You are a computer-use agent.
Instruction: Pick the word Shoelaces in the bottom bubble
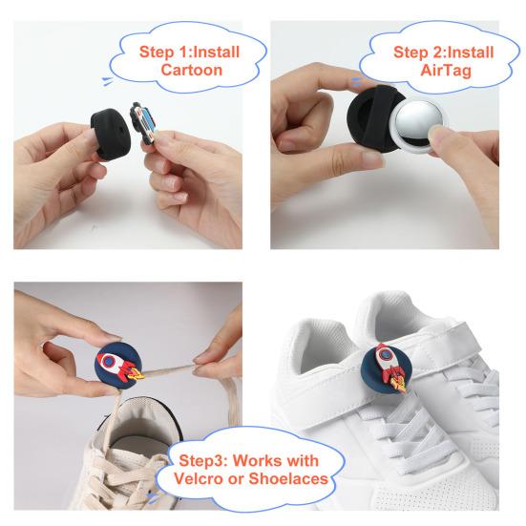click(284, 478)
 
